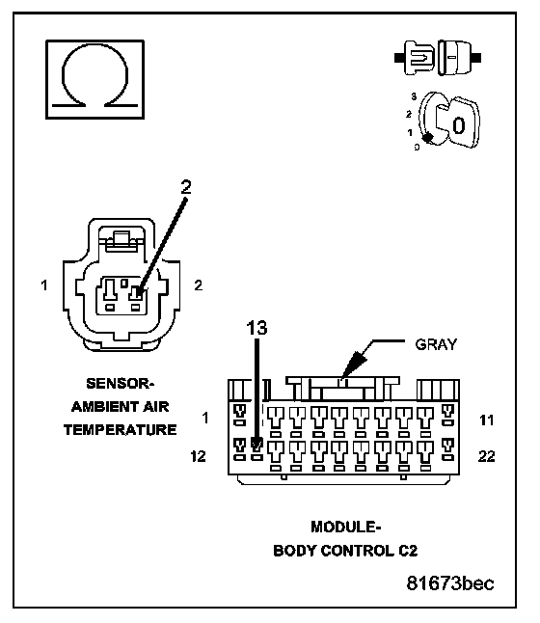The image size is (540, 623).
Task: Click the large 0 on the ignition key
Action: [459, 125]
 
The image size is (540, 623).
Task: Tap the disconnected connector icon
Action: [438, 58]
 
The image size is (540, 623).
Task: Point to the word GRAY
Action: [436, 344]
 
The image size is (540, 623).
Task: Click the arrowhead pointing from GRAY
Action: [353, 365]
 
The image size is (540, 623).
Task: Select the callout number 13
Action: [256, 328]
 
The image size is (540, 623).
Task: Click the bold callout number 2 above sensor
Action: [186, 187]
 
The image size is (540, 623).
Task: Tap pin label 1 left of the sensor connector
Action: [44, 284]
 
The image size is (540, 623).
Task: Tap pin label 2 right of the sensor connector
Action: [198, 284]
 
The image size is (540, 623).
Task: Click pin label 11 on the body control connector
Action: [486, 420]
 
